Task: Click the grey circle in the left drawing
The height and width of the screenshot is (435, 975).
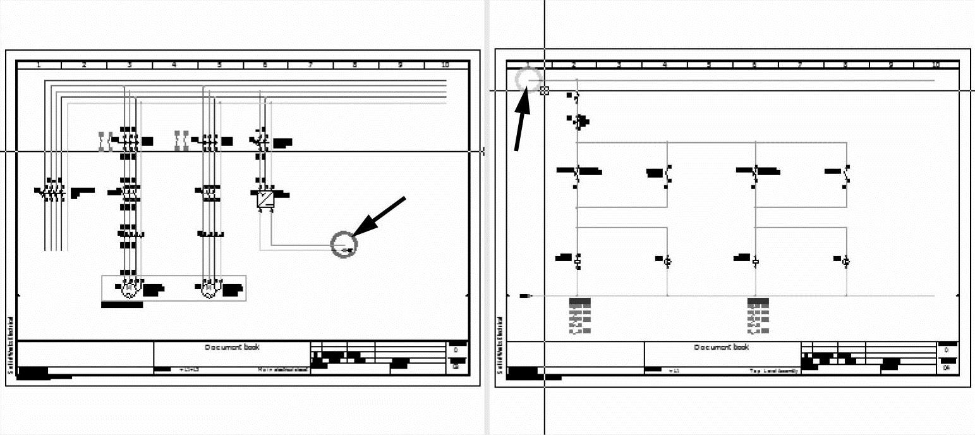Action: click(344, 243)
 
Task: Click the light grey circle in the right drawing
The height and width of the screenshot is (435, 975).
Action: click(528, 80)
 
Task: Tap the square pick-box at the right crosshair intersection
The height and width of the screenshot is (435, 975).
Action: click(545, 90)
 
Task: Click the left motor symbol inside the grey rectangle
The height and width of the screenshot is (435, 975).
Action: click(129, 290)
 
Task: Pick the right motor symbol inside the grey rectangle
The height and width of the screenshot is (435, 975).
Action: click(208, 290)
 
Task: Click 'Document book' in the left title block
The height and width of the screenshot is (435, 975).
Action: click(232, 347)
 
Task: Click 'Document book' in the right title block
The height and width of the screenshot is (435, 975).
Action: click(722, 347)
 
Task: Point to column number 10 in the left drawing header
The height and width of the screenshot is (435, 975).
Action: click(445, 64)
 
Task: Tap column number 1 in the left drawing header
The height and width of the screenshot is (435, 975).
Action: click(39, 64)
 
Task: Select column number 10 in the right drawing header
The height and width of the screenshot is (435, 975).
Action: click(936, 64)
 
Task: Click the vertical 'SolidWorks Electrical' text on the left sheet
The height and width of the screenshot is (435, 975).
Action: click(10, 345)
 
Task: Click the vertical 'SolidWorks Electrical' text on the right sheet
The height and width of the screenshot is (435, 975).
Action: click(500, 345)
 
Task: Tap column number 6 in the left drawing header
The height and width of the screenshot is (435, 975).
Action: click(265, 64)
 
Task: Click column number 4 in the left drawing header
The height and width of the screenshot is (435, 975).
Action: click(174, 64)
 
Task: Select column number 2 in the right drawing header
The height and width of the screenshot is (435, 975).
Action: click(574, 64)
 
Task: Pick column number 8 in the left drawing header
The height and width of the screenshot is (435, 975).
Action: click(355, 64)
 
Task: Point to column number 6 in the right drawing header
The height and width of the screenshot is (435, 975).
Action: click(754, 64)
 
